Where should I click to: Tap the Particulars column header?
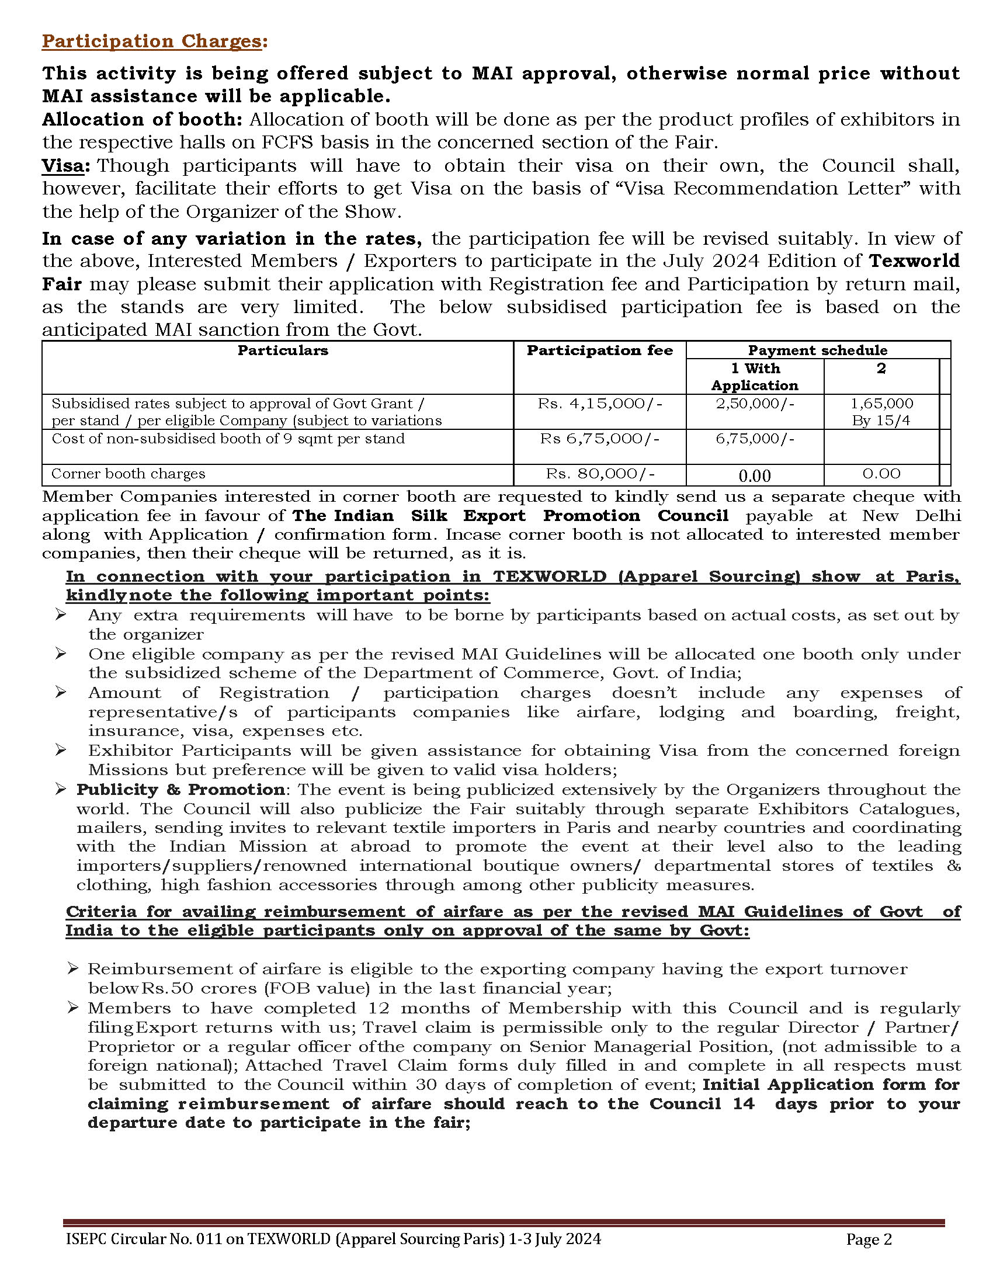(x=282, y=350)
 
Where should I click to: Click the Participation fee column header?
(x=599, y=350)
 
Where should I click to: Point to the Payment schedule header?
(x=817, y=350)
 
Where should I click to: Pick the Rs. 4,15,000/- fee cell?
(x=599, y=404)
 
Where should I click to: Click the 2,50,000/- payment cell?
(x=755, y=404)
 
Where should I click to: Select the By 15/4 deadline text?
(x=881, y=421)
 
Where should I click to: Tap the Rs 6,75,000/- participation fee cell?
(x=599, y=439)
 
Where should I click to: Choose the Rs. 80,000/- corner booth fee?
(x=599, y=474)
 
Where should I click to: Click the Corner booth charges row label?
(x=129, y=474)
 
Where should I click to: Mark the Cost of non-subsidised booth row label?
(x=228, y=439)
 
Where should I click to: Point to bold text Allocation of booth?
(x=142, y=119)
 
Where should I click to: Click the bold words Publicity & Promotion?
(x=180, y=790)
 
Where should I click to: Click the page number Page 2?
(x=869, y=1239)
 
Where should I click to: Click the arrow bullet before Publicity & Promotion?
(x=61, y=789)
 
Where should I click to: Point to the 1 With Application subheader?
(x=755, y=377)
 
